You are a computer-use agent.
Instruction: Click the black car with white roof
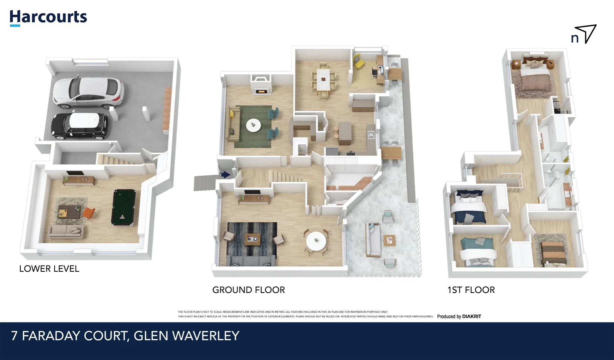(x=80, y=126)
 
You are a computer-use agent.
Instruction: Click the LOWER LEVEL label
(x=49, y=269)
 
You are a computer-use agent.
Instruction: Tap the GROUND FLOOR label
(x=249, y=290)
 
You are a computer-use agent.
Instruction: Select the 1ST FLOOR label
(x=471, y=290)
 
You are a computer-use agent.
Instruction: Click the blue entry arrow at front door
(x=226, y=174)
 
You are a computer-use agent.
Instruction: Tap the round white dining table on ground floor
(x=316, y=241)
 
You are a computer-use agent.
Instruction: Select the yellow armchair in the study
(x=358, y=61)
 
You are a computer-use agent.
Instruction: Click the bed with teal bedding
(x=476, y=252)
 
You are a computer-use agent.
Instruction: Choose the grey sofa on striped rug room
(x=251, y=260)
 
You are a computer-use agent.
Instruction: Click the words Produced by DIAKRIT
(x=459, y=316)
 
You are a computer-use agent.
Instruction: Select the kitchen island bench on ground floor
(x=345, y=133)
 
